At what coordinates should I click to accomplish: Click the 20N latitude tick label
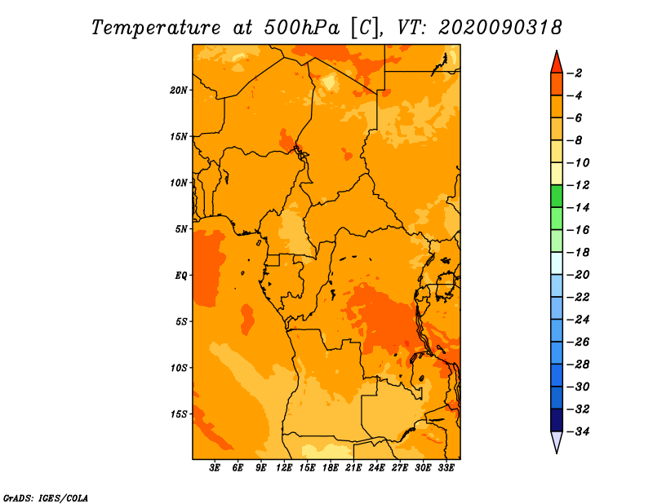coord(179,91)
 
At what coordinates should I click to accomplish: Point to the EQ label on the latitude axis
coord(180,276)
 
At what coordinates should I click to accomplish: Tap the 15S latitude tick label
coord(179,414)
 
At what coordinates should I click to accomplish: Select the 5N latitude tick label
coord(180,229)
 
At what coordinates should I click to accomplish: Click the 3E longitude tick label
coord(215,467)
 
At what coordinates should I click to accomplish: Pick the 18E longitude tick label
coord(331,467)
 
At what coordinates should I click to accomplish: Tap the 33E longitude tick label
coord(446,467)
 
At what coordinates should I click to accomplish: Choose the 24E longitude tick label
coord(376,467)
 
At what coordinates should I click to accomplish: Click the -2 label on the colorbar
coord(576,73)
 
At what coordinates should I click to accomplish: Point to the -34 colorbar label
coord(579,431)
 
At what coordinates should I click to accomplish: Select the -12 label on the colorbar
coord(579,185)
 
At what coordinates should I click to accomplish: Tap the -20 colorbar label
coord(579,275)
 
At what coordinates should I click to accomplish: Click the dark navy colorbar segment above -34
coord(557,420)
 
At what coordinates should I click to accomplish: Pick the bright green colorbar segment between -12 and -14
coord(557,196)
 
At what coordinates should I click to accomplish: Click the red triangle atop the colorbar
coord(557,64)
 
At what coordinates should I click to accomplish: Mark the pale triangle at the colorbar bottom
coord(557,441)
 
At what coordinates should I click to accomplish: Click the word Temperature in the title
coord(156,28)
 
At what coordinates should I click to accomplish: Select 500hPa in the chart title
coord(302,28)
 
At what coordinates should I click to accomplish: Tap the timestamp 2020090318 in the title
coord(500,28)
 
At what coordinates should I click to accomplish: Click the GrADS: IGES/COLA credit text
coord(46,498)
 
